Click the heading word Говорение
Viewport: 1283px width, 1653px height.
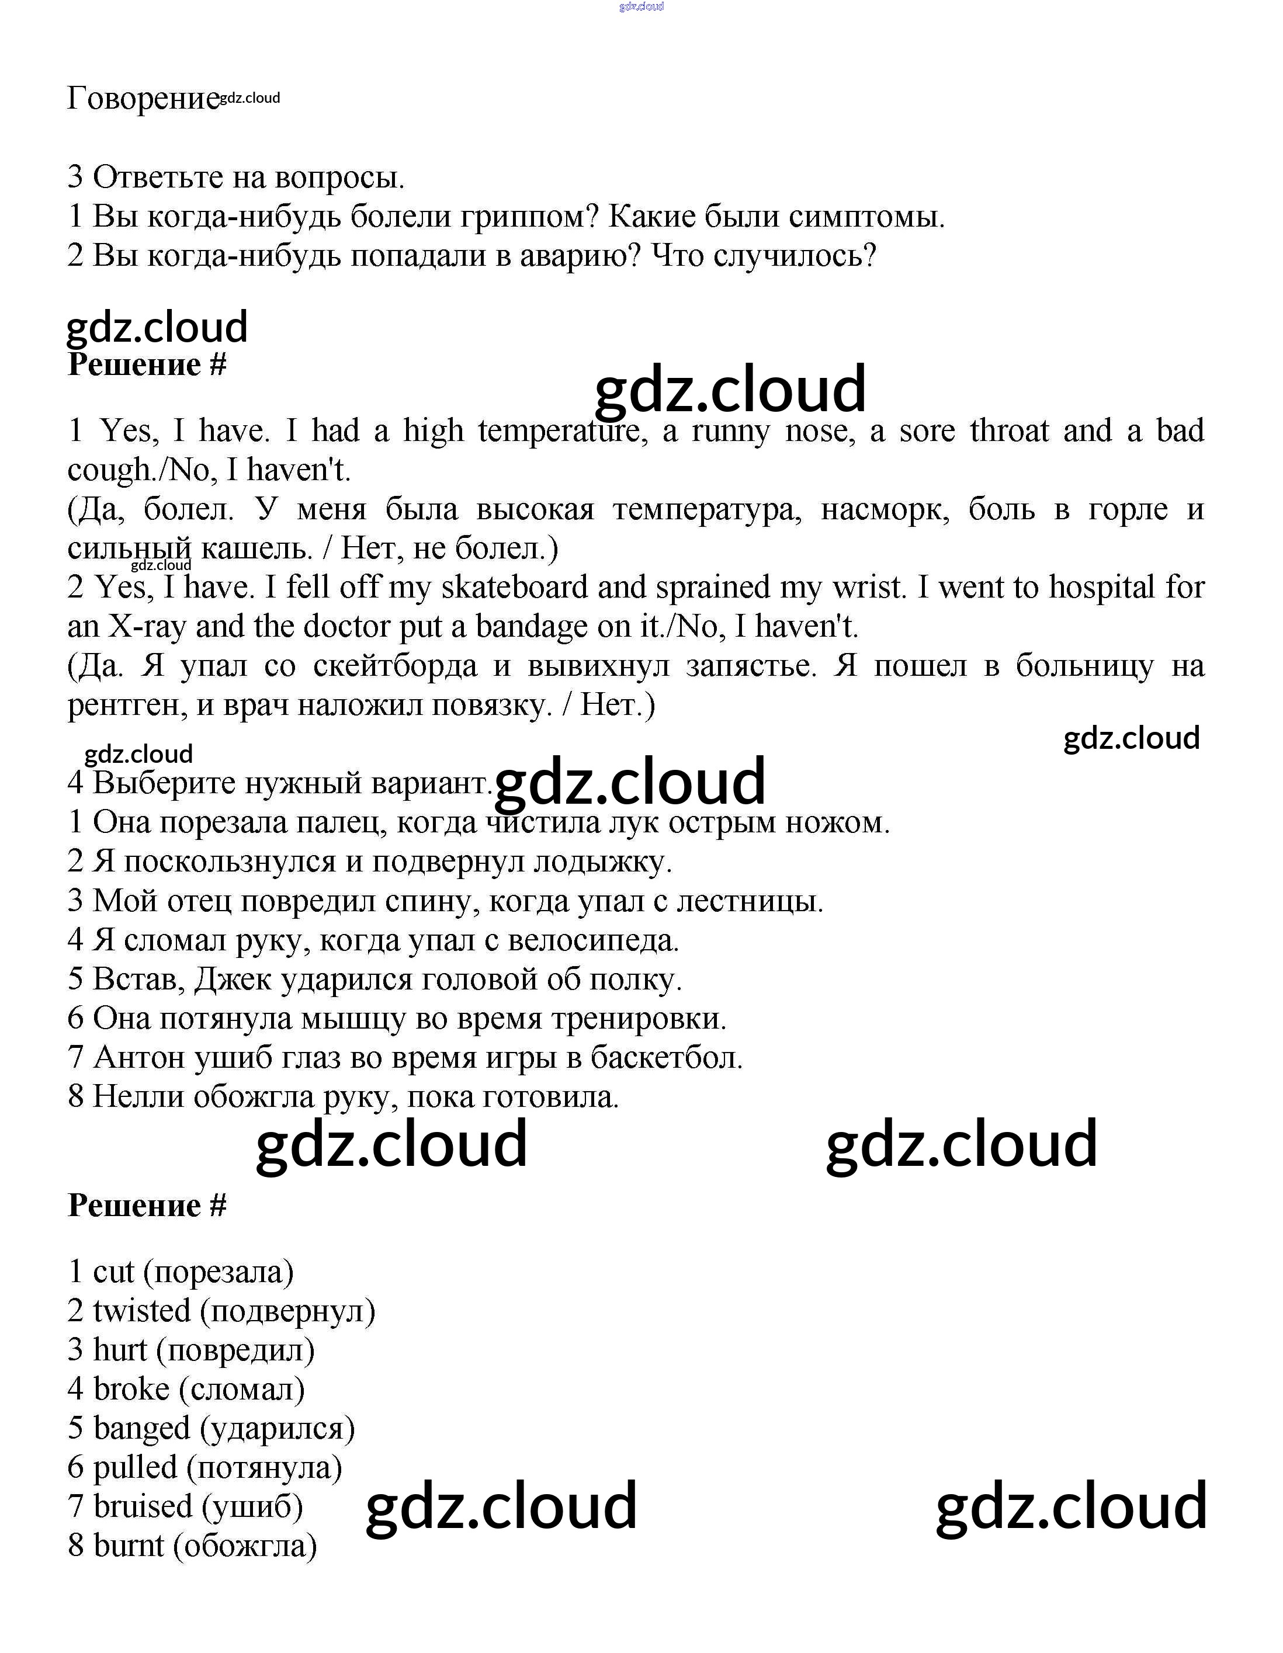point(143,98)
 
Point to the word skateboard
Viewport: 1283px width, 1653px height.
point(514,588)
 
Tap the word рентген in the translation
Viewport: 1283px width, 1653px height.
point(126,706)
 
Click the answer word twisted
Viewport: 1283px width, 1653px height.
point(141,1312)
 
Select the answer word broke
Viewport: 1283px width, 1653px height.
point(131,1390)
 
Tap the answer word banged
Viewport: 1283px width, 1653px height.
point(141,1429)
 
